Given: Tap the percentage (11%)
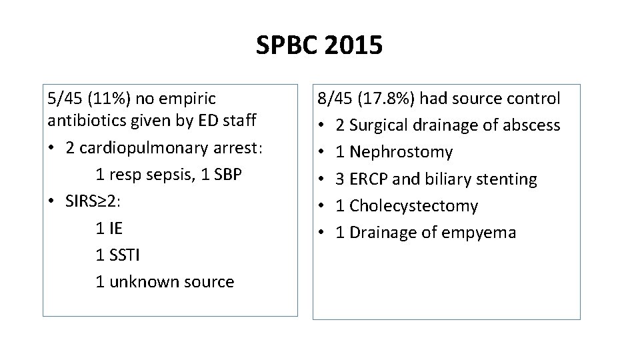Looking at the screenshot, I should (x=110, y=99).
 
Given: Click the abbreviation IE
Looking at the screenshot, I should (x=116, y=228).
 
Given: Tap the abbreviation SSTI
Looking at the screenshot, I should (x=126, y=255).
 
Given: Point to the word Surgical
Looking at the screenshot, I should (x=379, y=125).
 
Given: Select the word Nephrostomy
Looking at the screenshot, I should (x=401, y=152).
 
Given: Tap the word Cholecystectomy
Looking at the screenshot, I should (x=414, y=206).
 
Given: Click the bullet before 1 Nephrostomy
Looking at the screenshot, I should (x=321, y=152).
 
